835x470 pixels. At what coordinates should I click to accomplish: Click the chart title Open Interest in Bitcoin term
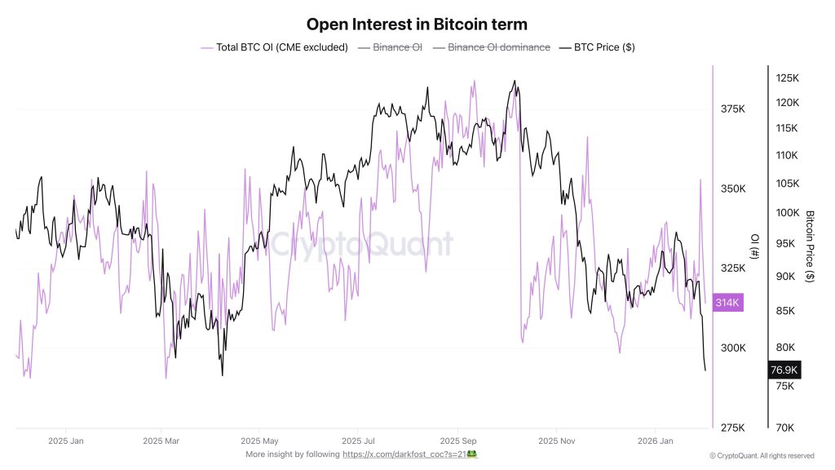tap(417, 24)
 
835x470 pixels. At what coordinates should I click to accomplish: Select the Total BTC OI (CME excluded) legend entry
tap(274, 47)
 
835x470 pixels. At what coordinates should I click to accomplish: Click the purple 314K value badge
tap(727, 303)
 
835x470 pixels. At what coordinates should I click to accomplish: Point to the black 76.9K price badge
tap(784, 370)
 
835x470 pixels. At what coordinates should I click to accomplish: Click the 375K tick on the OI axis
tap(732, 109)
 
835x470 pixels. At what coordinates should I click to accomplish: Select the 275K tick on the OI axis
tap(732, 428)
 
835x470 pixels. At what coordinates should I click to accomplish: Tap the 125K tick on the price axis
tap(787, 78)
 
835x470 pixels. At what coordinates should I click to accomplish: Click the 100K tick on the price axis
tap(787, 213)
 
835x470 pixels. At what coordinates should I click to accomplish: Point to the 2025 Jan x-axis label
tap(66, 441)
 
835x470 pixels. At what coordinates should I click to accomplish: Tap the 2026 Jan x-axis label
tap(655, 441)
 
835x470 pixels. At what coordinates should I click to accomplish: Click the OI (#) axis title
tap(754, 246)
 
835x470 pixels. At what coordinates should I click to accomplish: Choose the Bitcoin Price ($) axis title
tap(810, 246)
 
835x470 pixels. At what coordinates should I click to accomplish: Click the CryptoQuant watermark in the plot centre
tap(361, 244)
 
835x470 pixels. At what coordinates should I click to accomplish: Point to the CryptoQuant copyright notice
tap(762, 456)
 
